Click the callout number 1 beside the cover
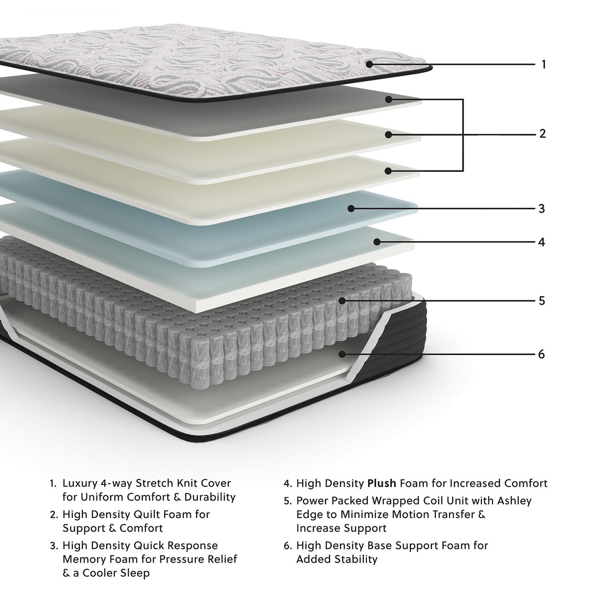coord(544,64)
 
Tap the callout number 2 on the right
coord(543,134)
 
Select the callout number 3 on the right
coord(542,209)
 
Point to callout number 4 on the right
coord(542,242)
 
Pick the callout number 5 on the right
coord(542,301)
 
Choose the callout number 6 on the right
coord(542,354)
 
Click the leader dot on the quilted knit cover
coord(369,64)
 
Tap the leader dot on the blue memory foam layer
coord(351,208)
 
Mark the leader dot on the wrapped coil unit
coord(342,300)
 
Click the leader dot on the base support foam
coord(342,354)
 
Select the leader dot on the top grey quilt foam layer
coord(389,99)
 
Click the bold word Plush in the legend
coord(382,483)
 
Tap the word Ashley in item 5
coord(515,501)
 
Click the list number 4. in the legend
coord(287,484)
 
